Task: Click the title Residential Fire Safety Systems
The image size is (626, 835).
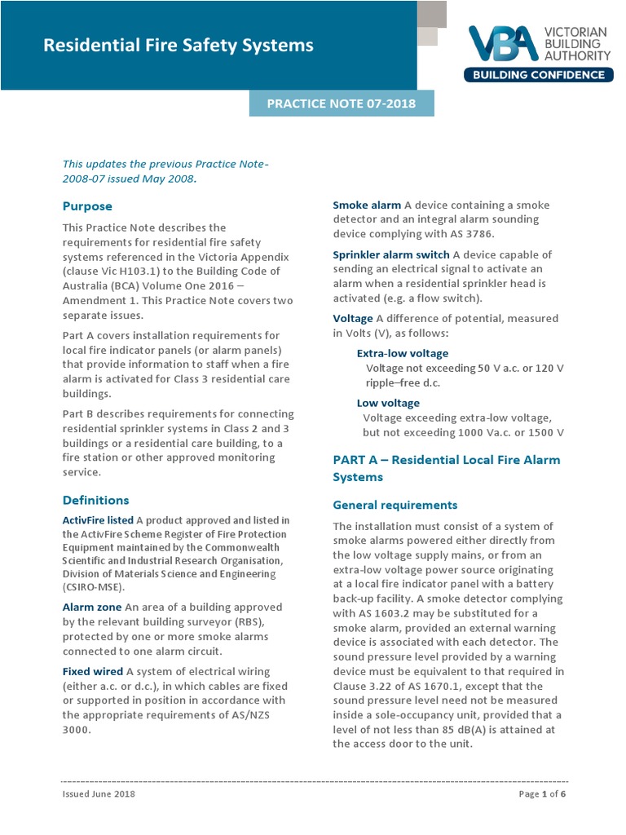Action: pyautogui.click(x=178, y=46)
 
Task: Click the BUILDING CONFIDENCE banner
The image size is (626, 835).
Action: pyautogui.click(x=538, y=76)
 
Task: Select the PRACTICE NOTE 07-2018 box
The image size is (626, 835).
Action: pyautogui.click(x=342, y=104)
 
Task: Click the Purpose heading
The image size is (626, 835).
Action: pyautogui.click(x=87, y=206)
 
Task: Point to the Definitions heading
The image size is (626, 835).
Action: pyautogui.click(x=95, y=500)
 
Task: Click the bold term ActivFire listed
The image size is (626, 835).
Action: pyautogui.click(x=98, y=520)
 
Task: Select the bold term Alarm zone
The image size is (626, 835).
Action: pyautogui.click(x=92, y=607)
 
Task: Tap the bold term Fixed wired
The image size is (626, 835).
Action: pyautogui.click(x=93, y=671)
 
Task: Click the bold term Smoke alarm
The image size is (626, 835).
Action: pyautogui.click(x=367, y=205)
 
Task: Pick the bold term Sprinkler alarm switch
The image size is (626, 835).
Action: pyautogui.click(x=391, y=255)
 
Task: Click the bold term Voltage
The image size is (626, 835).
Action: pyautogui.click(x=353, y=319)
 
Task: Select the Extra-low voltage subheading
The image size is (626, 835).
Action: pyautogui.click(x=403, y=353)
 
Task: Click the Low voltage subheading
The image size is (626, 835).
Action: pyautogui.click(x=388, y=403)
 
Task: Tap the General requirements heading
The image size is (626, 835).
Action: pyautogui.click(x=395, y=505)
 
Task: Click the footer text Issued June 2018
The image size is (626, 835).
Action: pyautogui.click(x=99, y=793)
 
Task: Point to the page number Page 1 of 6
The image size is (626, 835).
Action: pyautogui.click(x=541, y=793)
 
